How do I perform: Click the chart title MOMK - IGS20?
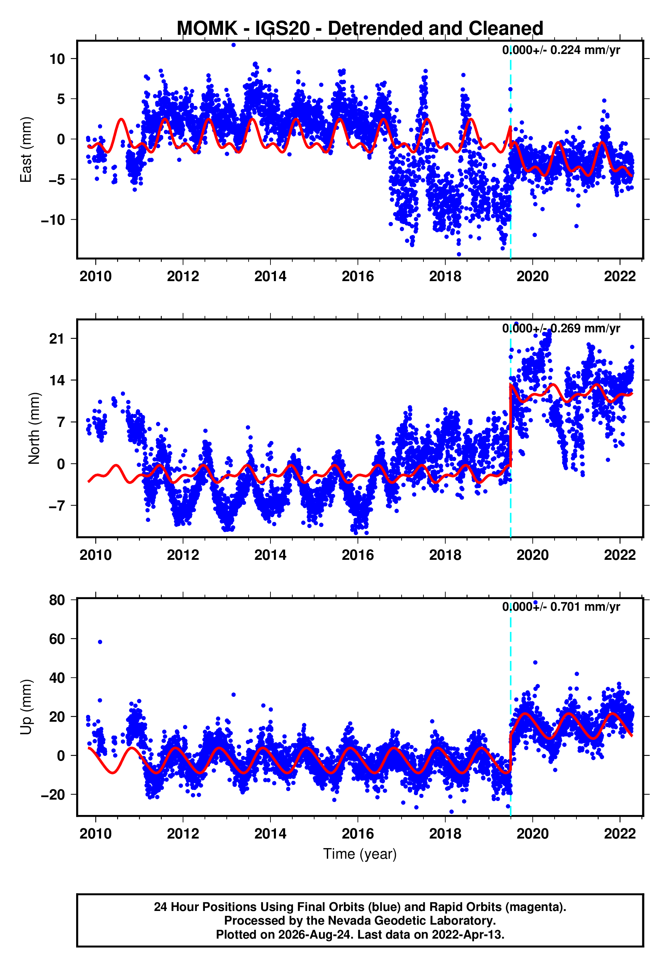point(243,29)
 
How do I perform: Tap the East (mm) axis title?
point(26,150)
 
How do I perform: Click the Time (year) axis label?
point(360,854)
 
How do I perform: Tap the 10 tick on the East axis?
point(57,59)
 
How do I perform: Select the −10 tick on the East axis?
point(53,220)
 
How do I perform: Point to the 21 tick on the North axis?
point(57,338)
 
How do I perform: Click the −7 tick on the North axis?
point(57,506)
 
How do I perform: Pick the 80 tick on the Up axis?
point(57,600)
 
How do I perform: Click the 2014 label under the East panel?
point(270,276)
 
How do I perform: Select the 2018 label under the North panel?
point(445,555)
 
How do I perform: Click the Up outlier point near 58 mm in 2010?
point(100,642)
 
